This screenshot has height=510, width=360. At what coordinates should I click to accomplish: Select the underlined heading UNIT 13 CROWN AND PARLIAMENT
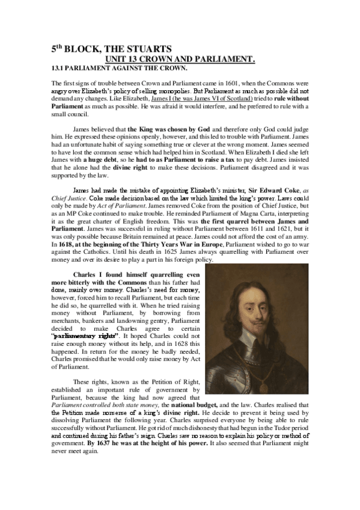[x=180, y=58]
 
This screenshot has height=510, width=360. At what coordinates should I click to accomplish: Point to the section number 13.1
[x=58, y=69]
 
